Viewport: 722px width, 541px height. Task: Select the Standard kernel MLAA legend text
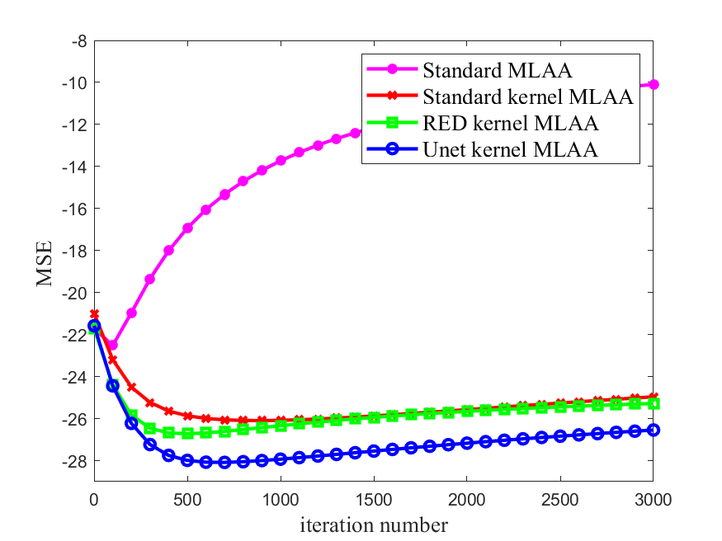[527, 96]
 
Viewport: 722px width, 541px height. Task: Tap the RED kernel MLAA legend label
[510, 123]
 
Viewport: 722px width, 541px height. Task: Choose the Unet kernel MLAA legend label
[510, 149]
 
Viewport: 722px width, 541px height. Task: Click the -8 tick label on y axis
[79, 40]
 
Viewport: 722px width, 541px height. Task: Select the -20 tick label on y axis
[75, 293]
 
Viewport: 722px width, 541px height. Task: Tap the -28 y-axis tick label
[75, 460]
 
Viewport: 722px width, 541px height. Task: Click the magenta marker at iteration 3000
[653, 84]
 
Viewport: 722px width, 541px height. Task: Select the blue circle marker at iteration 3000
[653, 430]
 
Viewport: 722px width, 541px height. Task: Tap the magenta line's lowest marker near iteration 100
[113, 346]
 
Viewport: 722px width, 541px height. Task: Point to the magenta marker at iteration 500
[187, 228]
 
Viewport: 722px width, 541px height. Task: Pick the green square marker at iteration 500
[187, 433]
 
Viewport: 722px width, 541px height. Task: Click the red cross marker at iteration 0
[94, 314]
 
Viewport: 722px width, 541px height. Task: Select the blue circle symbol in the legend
[393, 149]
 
